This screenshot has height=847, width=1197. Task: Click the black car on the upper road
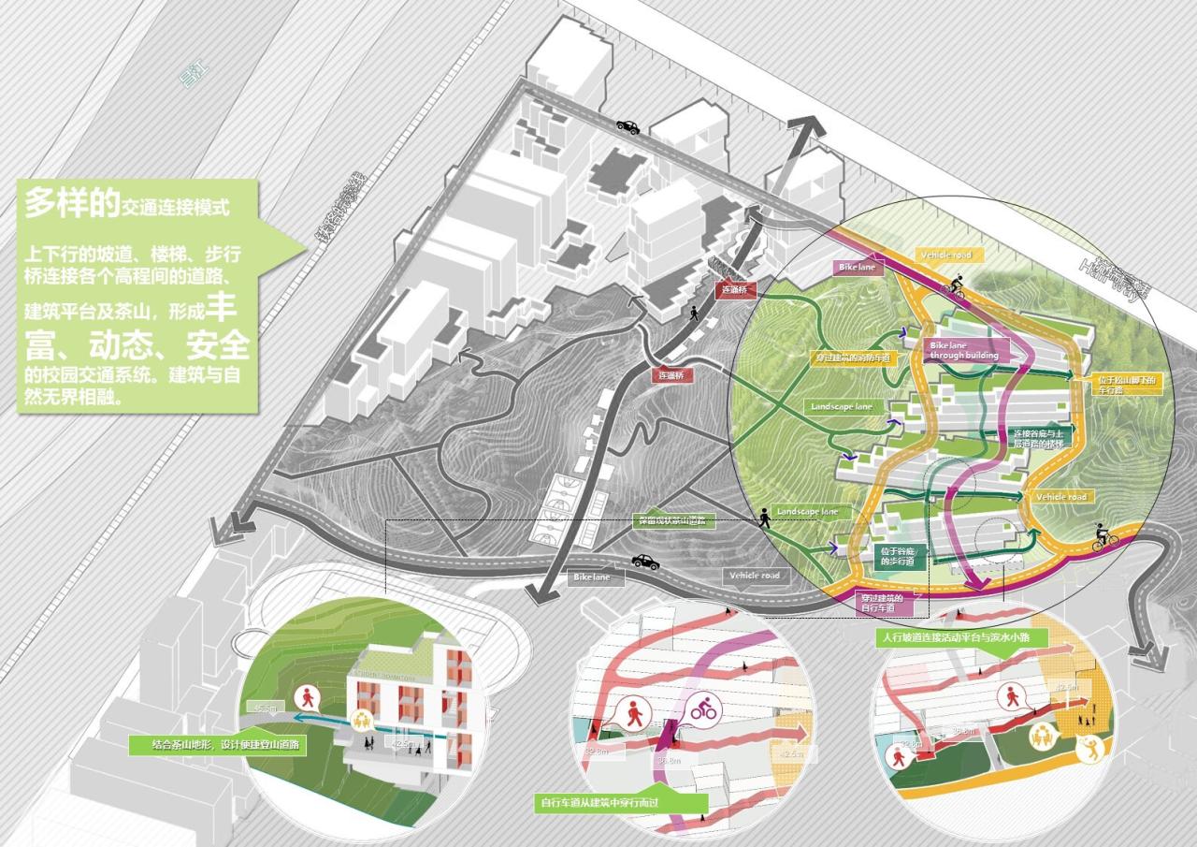[x=627, y=126]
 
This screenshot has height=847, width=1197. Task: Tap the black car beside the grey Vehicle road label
[x=643, y=562]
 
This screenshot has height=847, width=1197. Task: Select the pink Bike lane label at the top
[x=858, y=269]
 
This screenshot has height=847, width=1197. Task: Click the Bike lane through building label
[x=964, y=351]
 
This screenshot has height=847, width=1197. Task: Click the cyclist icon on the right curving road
[x=1104, y=538]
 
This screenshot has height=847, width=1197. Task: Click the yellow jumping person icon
[x=1090, y=747]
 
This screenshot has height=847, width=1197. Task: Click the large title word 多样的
[x=66, y=203]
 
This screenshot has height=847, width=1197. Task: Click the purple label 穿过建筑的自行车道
[x=886, y=603]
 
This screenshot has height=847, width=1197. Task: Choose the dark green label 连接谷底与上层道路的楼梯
[x=1038, y=439]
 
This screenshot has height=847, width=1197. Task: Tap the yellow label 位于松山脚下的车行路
[x=1125, y=384]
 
